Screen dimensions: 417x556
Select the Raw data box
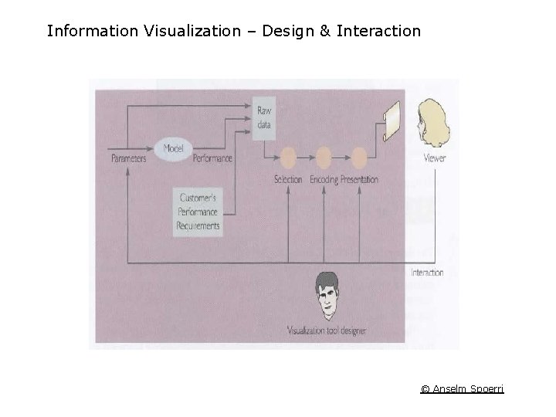[264, 119]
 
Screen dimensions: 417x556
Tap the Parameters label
[129, 158]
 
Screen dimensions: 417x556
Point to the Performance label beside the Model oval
[212, 158]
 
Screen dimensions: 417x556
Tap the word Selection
[288, 180]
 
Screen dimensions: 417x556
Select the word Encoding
[324, 180]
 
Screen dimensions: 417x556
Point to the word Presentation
[360, 180]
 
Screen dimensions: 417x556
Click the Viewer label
[435, 158]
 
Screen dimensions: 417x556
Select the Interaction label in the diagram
[427, 273]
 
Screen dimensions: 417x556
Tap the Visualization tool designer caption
[327, 331]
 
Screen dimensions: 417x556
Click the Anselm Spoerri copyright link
[462, 388]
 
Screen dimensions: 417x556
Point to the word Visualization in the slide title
[191, 32]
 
